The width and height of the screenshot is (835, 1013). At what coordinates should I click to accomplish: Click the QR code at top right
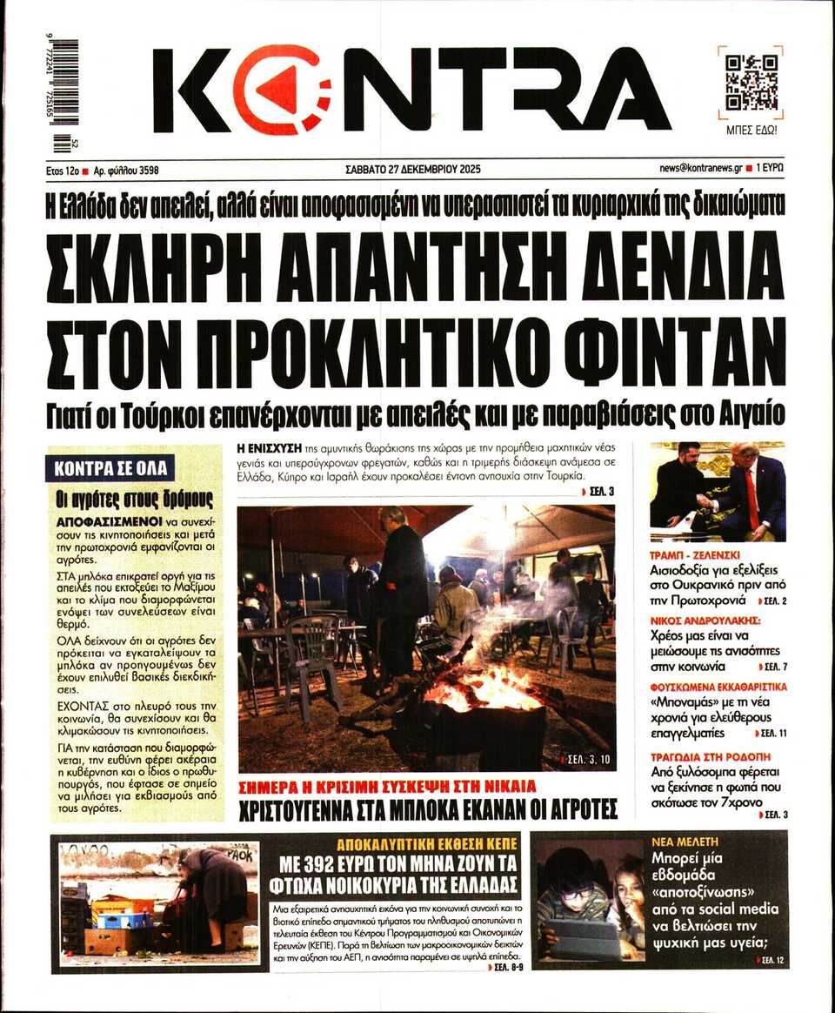(751, 82)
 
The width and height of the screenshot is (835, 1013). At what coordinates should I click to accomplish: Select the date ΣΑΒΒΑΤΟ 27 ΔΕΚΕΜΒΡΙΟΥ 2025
(412, 169)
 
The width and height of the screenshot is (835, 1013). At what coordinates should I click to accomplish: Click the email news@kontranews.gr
(700, 169)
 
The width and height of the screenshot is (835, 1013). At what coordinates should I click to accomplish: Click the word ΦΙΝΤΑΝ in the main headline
(675, 352)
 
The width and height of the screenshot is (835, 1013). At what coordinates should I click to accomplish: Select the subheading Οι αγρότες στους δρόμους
(134, 499)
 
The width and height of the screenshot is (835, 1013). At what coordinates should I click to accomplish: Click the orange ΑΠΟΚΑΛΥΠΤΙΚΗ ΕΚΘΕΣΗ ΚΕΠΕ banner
(427, 843)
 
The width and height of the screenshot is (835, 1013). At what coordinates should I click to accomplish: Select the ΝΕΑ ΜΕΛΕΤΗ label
(685, 842)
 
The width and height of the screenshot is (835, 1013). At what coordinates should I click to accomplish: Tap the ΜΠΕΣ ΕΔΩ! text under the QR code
(751, 131)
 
